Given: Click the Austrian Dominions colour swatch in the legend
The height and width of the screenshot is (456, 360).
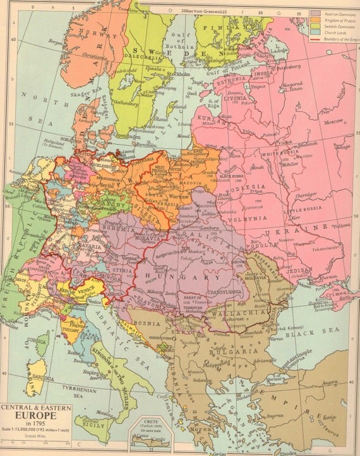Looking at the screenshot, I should [315, 13].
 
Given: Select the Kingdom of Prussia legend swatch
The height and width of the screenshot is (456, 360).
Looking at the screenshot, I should [315, 20].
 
